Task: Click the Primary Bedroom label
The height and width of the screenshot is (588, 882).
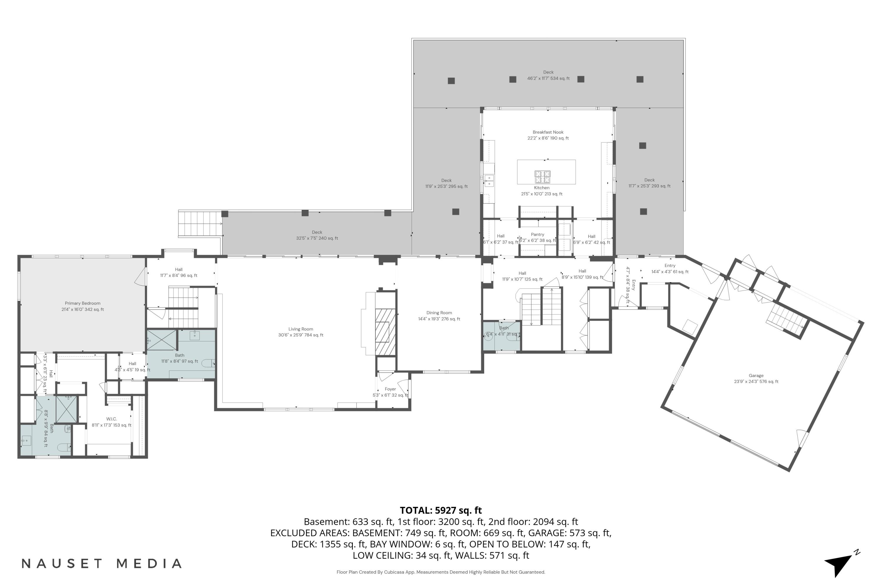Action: click(83, 306)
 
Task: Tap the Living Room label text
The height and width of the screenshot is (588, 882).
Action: click(301, 332)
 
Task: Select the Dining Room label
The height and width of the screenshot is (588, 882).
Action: click(439, 316)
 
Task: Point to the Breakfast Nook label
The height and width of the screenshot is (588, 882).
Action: click(548, 135)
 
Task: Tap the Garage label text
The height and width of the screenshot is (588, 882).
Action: click(756, 378)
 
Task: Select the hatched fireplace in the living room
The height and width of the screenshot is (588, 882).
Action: click(385, 332)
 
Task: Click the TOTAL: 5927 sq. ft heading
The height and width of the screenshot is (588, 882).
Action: click(441, 510)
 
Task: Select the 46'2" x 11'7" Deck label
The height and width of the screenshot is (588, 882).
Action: click(548, 75)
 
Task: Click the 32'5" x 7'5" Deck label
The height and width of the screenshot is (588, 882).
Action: click(317, 235)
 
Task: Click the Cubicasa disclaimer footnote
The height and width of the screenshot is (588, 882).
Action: click(441, 572)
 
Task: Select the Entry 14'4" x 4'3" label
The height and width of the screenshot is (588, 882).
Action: click(670, 268)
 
